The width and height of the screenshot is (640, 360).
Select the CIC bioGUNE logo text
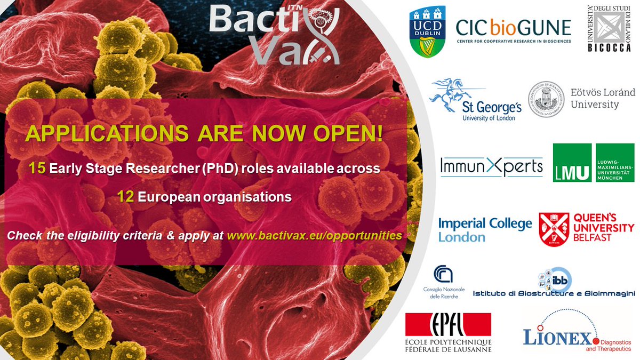[x=513, y=27]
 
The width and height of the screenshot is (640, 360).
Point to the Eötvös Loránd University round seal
[x=546, y=100]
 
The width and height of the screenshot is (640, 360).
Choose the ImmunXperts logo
[x=491, y=167]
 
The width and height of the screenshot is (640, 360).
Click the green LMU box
[x=572, y=163]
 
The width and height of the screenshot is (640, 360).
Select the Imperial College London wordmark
[x=485, y=229]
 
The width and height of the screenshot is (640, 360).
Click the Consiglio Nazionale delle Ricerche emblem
[x=442, y=275]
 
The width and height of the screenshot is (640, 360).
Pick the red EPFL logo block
[x=448, y=325]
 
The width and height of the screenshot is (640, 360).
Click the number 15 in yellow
[x=37, y=169]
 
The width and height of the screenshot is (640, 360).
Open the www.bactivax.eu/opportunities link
[x=314, y=235]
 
